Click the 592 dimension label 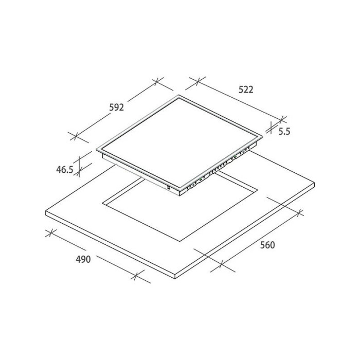coord(116,107)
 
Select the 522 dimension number coord(246,89)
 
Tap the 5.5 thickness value coord(284,132)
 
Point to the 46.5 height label coord(65,170)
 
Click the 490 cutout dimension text coord(83,259)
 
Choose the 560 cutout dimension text coord(267,245)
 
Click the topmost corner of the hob coord(179,95)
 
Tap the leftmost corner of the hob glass coord(97,150)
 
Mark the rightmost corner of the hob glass coord(262,136)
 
